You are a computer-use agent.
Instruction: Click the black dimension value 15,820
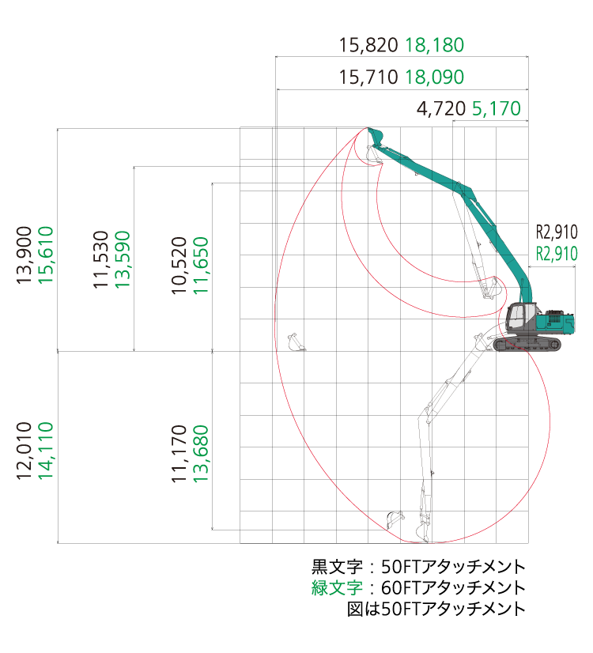coord(368,45)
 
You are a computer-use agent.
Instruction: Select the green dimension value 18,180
coord(434,45)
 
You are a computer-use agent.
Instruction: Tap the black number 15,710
coord(368,77)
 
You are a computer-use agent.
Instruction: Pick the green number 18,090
coord(434,77)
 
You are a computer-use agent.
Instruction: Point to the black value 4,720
coord(441,108)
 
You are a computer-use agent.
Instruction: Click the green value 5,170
coord(497,108)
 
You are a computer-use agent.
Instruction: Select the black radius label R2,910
coord(557,232)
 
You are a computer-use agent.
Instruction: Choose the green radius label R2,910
coord(557,254)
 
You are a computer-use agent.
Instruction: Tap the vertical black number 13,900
coord(25,255)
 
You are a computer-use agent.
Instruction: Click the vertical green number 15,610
coord(46,255)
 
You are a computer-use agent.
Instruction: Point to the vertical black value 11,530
coord(100,259)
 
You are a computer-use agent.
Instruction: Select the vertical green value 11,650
coord(201,266)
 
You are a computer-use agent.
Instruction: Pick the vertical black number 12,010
coord(25,451)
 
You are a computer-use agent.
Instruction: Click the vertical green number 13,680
coord(201,454)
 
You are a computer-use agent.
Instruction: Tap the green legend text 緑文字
coord(337,587)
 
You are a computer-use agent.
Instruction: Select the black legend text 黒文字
coord(337,566)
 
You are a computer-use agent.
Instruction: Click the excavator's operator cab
coord(519,317)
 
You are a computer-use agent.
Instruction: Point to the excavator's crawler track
coord(527,345)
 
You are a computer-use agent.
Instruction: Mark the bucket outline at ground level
coord(296,343)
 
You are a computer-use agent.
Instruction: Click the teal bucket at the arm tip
coord(375,136)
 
